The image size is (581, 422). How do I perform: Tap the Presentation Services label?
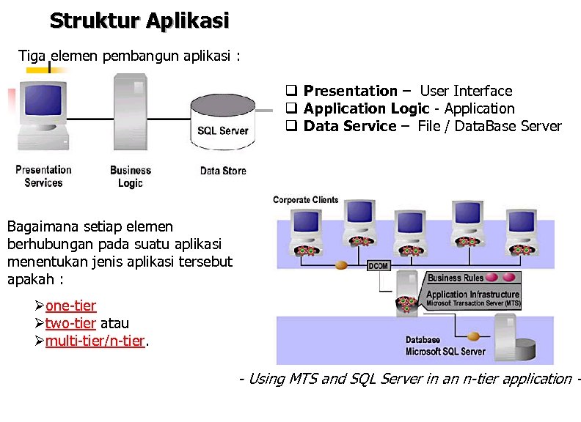[43, 176]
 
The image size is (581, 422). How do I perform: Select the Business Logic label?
[130, 177]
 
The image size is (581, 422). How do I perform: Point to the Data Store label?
[223, 171]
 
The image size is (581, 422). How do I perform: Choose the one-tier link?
[70, 306]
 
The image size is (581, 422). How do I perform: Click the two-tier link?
[70, 323]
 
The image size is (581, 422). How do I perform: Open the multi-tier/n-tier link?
[95, 341]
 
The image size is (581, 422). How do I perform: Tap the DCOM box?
[378, 266]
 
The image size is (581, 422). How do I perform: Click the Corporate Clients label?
[306, 199]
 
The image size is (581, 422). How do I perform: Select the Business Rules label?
[456, 278]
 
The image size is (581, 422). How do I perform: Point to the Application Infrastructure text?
[473, 295]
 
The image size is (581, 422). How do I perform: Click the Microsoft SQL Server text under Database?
[445, 352]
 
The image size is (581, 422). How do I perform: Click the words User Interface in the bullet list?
[466, 91]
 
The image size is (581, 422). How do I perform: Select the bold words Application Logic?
[366, 108]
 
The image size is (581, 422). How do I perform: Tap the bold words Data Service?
[350, 126]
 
